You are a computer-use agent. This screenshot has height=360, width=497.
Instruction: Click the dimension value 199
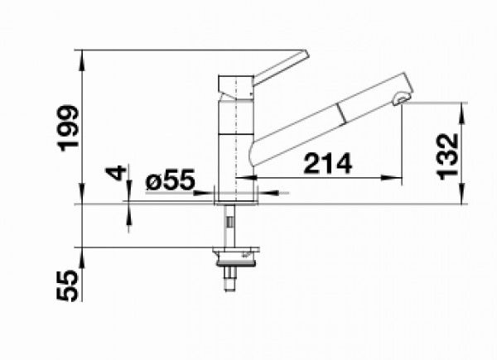coord(69,128)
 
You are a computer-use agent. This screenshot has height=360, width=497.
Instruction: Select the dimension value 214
coord(328,163)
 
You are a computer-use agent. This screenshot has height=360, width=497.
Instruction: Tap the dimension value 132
coord(447,156)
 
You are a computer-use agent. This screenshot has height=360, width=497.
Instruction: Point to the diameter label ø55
coord(170,180)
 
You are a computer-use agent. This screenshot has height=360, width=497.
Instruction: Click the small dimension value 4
coord(116,173)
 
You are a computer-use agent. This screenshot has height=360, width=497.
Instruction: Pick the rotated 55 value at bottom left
coord(67,286)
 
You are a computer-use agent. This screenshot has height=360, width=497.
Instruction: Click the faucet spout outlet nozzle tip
coord(402,98)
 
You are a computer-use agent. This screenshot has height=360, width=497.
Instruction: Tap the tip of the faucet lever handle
coord(306,53)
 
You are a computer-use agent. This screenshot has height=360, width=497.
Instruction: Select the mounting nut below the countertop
coord(236,257)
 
